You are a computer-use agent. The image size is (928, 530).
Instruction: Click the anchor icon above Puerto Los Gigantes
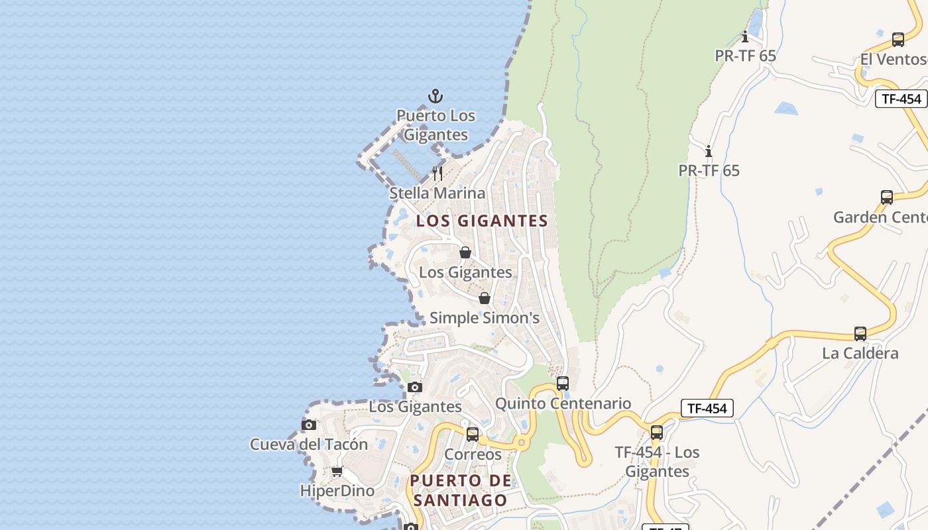pyautogui.click(x=435, y=96)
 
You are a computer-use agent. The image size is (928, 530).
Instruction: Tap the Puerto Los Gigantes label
pyautogui.click(x=435, y=125)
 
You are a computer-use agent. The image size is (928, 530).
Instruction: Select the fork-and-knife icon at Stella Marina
pyautogui.click(x=437, y=174)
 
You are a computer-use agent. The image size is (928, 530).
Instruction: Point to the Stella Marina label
pyautogui.click(x=437, y=193)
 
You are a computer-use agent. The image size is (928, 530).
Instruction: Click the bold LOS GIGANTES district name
pyautogui.click(x=482, y=221)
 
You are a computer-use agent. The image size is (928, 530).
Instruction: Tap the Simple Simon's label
pyautogui.click(x=485, y=318)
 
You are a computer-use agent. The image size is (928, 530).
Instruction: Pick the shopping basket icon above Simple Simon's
pyautogui.click(x=485, y=298)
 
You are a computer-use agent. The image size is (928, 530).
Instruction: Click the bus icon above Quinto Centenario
pyautogui.click(x=563, y=383)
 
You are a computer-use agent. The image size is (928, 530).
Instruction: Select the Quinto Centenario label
pyautogui.click(x=563, y=403)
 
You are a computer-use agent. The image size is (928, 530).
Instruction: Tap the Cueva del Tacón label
pyautogui.click(x=309, y=445)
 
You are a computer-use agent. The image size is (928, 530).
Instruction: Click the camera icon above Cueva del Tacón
pyautogui.click(x=309, y=425)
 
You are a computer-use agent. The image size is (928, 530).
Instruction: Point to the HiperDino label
pyautogui.click(x=337, y=491)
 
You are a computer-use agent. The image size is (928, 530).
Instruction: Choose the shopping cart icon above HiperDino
pyautogui.click(x=337, y=472)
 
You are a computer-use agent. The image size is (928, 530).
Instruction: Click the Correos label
pyautogui.click(x=473, y=454)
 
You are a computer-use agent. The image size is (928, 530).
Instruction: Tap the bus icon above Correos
pyautogui.click(x=473, y=435)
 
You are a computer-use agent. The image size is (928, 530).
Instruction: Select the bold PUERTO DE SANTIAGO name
pyautogui.click(x=461, y=490)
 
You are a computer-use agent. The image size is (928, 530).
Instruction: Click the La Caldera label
pyautogui.click(x=860, y=353)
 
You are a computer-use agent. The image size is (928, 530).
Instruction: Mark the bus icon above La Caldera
pyautogui.click(x=860, y=333)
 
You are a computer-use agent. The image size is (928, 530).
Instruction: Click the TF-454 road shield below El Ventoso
pyautogui.click(x=901, y=99)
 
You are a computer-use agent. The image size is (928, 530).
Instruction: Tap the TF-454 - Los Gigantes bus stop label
pyautogui.click(x=657, y=462)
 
